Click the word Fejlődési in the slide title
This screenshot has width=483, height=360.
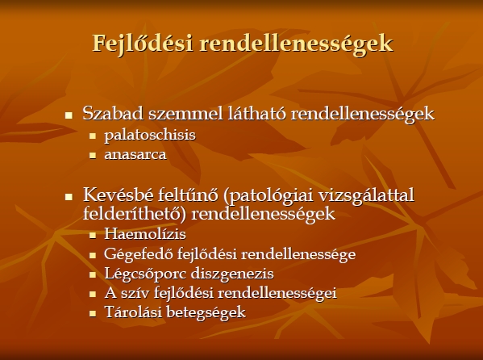[x=143, y=44]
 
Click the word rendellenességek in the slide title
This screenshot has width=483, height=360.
[x=296, y=44]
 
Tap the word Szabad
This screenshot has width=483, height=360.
[x=113, y=113]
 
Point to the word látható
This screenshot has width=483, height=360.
[x=257, y=113]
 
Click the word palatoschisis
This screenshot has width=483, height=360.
[x=150, y=135]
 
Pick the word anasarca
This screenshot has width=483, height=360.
[x=135, y=154]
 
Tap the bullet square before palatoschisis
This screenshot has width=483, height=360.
[x=93, y=136]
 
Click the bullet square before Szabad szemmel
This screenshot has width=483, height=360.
[x=69, y=115]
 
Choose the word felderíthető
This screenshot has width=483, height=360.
[x=135, y=213]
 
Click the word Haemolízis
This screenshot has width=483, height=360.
[x=145, y=234]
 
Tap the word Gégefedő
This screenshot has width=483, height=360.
[x=139, y=254]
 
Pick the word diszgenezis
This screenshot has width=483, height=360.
[x=232, y=274]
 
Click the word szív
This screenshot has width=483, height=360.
[x=136, y=293]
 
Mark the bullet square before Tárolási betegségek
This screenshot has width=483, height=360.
[x=93, y=313]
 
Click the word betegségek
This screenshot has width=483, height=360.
[x=206, y=312]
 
